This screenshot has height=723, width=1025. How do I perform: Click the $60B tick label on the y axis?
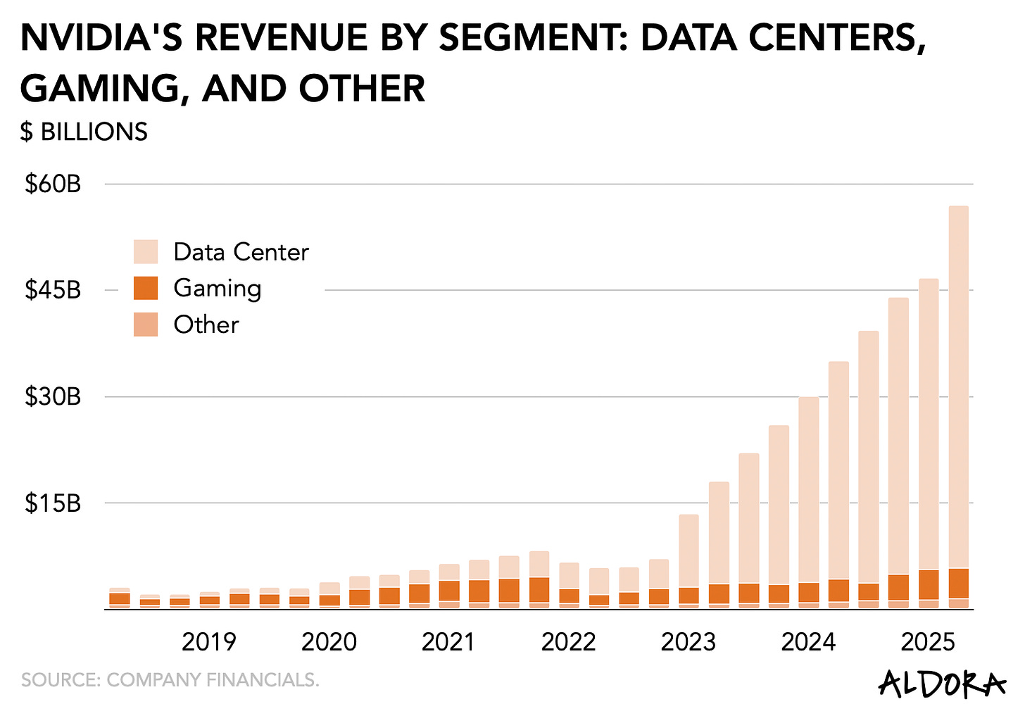(53, 184)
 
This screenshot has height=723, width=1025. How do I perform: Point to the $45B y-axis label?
(53, 290)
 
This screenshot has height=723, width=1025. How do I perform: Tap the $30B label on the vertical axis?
(53, 397)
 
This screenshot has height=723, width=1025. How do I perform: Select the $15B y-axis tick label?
(53, 503)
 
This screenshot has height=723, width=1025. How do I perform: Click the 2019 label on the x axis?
(209, 642)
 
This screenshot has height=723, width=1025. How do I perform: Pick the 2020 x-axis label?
(329, 642)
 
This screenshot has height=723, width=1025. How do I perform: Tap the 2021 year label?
(448, 642)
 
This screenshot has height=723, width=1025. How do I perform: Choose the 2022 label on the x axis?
(568, 642)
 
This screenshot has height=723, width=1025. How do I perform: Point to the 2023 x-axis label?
(688, 642)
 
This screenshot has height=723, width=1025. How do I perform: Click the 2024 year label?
(808, 642)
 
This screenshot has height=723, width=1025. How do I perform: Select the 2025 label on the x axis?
(928, 642)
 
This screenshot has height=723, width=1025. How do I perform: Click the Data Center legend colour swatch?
(146, 252)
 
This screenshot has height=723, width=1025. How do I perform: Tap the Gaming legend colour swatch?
(146, 288)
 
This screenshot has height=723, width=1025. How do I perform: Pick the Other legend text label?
(206, 325)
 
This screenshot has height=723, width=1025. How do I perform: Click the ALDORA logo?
(942, 684)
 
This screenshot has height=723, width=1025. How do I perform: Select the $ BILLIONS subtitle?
(84, 132)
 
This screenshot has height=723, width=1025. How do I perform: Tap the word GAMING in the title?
(99, 89)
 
